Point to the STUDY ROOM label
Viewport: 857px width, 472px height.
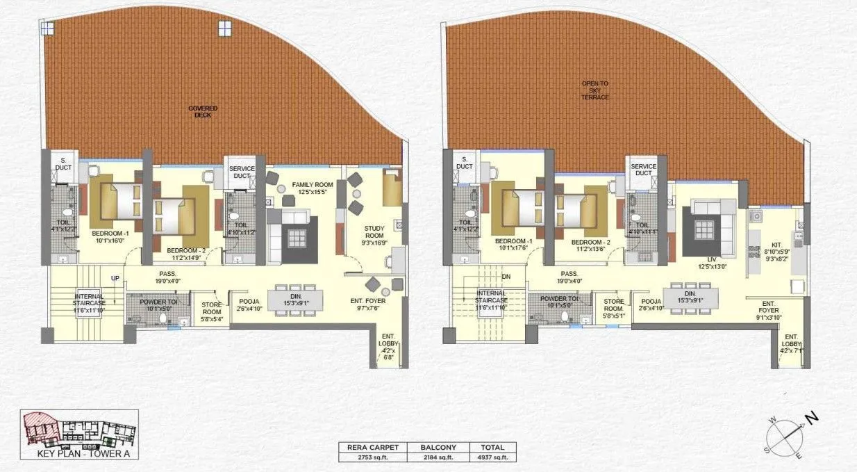(x=374, y=231)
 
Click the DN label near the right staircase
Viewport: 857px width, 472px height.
(x=506, y=277)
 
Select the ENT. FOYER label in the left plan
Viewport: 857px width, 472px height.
(x=368, y=301)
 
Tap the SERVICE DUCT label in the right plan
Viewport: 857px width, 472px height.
(x=643, y=170)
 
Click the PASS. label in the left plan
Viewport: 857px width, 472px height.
(x=166, y=274)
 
